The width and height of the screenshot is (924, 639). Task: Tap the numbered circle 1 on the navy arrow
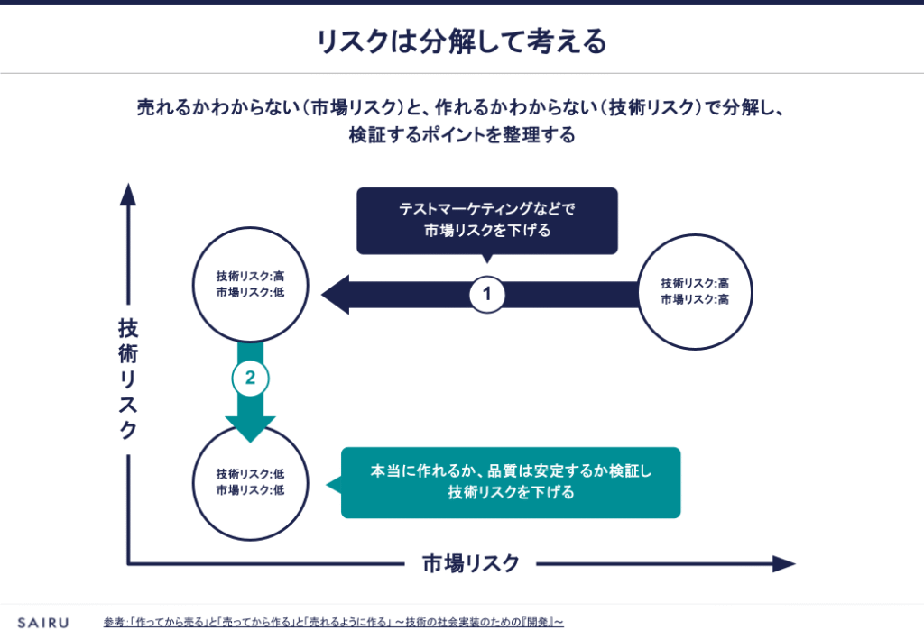click(487, 294)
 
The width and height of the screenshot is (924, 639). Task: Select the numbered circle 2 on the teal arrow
click(250, 379)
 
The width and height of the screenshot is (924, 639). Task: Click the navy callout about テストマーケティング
click(487, 220)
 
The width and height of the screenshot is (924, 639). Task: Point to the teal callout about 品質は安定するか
click(511, 483)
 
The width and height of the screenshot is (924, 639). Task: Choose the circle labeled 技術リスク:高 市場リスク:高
click(695, 291)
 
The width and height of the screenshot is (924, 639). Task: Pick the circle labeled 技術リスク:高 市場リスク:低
click(250, 285)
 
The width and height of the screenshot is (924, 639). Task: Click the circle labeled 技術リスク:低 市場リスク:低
click(250, 482)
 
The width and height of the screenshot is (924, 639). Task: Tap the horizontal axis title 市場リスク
click(471, 564)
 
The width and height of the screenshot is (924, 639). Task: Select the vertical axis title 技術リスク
click(128, 379)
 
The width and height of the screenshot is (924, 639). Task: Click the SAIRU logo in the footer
click(42, 622)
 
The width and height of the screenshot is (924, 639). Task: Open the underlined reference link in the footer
click(333, 622)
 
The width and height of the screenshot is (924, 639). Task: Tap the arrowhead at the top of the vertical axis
click(128, 195)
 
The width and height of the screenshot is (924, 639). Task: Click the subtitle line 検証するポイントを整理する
click(461, 137)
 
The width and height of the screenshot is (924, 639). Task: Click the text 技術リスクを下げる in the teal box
click(511, 493)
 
